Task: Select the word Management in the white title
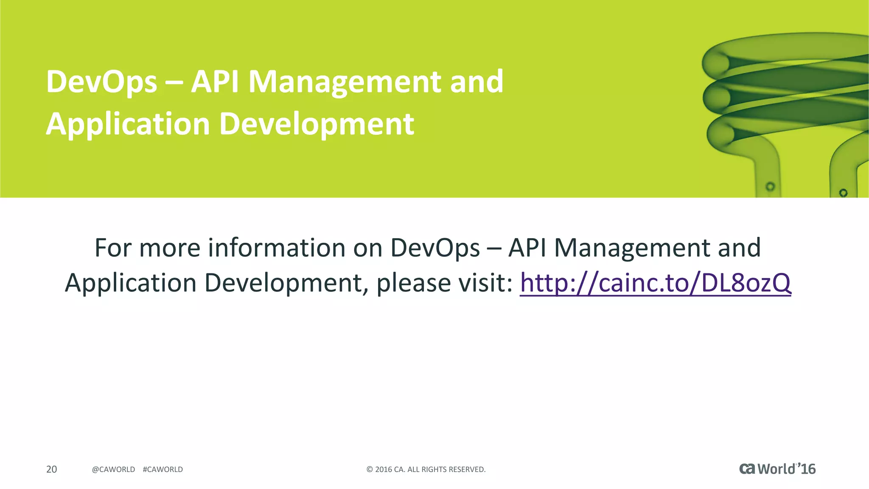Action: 345,82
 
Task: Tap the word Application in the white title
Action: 128,124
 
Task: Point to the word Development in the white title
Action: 317,124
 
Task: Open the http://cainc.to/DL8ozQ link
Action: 655,283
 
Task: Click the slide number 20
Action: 51,469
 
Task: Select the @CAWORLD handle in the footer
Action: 113,469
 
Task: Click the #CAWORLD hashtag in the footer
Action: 163,469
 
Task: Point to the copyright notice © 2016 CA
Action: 426,469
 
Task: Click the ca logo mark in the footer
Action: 747,469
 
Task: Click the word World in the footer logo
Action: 776,469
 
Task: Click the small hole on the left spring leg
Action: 770,186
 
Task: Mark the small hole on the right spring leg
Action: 843,193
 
